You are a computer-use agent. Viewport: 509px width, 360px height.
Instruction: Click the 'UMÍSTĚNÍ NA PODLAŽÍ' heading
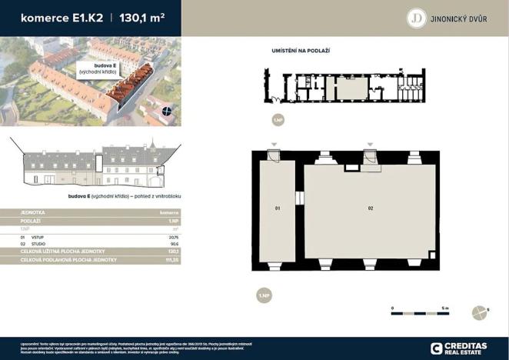(x=301, y=50)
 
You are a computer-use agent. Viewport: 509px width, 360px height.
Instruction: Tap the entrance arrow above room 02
(x=370, y=145)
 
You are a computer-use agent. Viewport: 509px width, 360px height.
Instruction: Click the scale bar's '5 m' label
(x=445, y=306)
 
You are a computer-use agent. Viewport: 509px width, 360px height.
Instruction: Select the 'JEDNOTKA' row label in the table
(x=33, y=212)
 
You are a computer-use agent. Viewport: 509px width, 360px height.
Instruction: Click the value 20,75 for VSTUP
(x=173, y=238)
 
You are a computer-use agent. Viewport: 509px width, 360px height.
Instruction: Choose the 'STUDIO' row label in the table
(x=38, y=245)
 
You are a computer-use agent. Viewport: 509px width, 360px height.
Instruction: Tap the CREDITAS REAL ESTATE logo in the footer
(x=459, y=348)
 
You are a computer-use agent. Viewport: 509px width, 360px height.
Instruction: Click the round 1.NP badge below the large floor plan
(x=264, y=295)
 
